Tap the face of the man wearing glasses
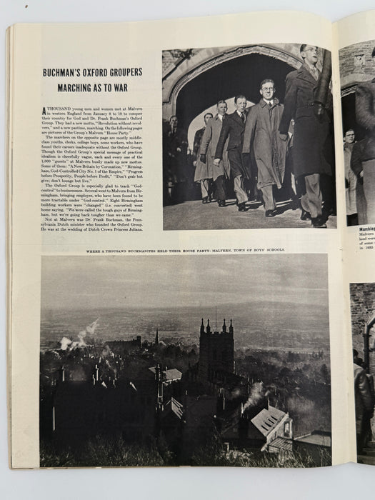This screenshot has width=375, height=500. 269,88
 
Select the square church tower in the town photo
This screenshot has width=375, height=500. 216,354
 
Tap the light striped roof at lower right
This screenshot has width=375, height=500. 268,421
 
